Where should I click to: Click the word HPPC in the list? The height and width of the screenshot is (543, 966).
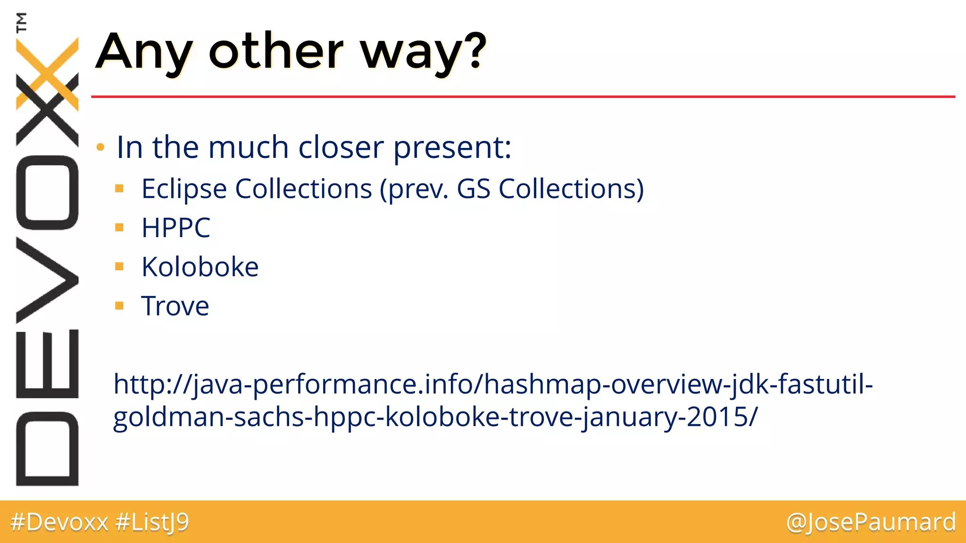click(175, 228)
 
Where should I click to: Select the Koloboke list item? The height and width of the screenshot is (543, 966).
click(200, 267)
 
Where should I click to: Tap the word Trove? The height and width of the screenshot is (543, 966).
click(175, 306)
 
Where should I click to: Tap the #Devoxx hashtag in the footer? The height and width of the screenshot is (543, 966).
click(59, 522)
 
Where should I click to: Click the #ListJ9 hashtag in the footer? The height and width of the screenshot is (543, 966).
click(152, 522)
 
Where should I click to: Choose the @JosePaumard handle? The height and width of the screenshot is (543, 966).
click(871, 522)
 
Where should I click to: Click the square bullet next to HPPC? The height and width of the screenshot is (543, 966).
click(119, 228)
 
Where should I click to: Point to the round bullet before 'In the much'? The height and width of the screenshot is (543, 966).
click(100, 148)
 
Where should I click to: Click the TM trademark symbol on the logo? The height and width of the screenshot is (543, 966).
click(21, 22)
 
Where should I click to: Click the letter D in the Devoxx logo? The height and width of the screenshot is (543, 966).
click(47, 449)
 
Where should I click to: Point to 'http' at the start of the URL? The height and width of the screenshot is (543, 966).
click(137, 384)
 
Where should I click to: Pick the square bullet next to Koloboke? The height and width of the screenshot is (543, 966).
click(119, 267)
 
